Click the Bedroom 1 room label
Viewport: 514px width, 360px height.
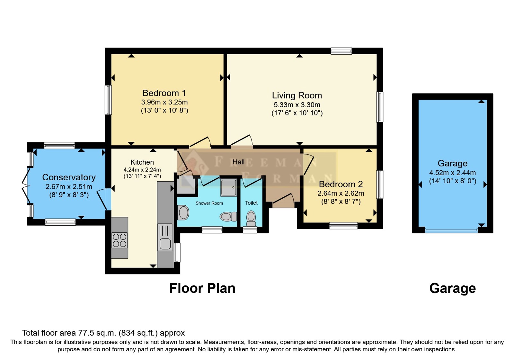(164, 93)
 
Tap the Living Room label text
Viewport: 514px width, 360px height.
(297, 95)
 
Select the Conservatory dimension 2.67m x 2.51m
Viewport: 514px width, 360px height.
(69, 186)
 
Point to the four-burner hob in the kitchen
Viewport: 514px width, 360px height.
(119, 240)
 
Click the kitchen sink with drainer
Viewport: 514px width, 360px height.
(165, 237)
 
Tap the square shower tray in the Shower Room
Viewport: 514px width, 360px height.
(228, 188)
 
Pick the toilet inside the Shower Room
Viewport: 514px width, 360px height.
(228, 216)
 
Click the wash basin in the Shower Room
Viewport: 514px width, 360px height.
(183, 212)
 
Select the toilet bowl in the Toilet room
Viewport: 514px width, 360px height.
(251, 219)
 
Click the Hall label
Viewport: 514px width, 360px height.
(238, 162)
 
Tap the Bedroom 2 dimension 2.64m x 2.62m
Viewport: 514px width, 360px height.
(341, 193)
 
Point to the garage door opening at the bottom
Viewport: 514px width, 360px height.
(451, 230)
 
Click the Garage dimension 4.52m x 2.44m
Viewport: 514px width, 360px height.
(453, 173)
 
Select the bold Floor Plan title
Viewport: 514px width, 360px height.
(202, 288)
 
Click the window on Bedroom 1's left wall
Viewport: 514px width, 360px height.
(108, 100)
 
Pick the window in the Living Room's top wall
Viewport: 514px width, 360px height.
(341, 51)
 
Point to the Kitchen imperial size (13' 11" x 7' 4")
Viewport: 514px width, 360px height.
(142, 176)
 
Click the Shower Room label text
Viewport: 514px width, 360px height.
(209, 203)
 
